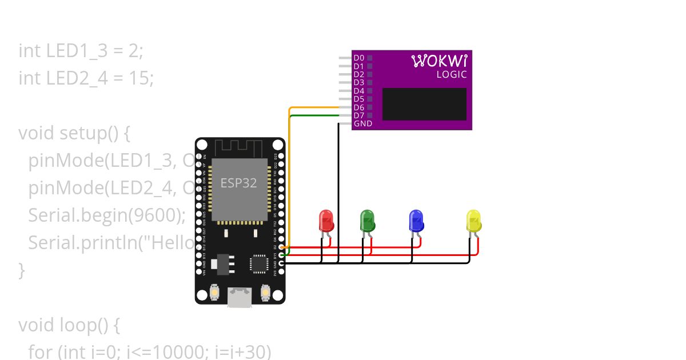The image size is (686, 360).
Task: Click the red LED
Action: (x=325, y=221)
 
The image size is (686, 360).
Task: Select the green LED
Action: (x=366, y=221)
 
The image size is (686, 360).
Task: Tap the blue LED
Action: (x=416, y=221)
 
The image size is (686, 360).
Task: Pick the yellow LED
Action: (x=474, y=221)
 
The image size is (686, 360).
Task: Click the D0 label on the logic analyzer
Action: (x=358, y=58)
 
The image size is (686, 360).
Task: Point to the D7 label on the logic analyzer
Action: (x=358, y=115)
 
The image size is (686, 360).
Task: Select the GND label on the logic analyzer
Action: (x=362, y=123)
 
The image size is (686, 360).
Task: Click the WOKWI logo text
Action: (x=439, y=61)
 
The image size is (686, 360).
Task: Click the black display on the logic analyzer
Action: (x=424, y=104)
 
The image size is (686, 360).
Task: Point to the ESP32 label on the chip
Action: (x=238, y=183)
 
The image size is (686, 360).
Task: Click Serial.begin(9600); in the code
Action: (x=107, y=215)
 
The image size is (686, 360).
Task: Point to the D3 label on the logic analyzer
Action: (x=358, y=82)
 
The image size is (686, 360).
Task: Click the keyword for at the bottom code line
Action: (x=39, y=352)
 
